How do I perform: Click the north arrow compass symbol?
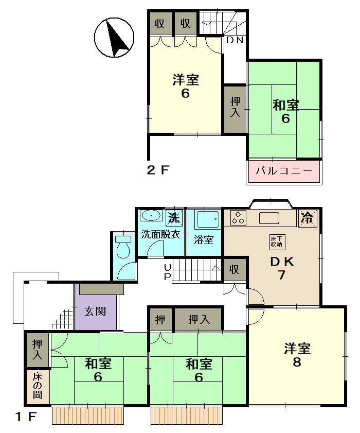point(114,37)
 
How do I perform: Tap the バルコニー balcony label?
point(284,170)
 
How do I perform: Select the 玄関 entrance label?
point(95,311)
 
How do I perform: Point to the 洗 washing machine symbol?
point(175,217)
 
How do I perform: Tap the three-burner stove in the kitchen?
point(238,218)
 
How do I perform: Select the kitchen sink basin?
point(269,218)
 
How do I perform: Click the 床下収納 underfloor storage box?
point(276,242)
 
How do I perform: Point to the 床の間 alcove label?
point(37,386)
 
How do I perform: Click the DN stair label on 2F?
point(235,40)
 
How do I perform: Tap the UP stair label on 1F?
point(168,272)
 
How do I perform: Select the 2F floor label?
point(157,170)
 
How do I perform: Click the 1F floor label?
point(26,416)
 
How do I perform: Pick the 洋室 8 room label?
point(297,355)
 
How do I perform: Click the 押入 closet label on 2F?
point(235,107)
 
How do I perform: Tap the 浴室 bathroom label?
point(204,239)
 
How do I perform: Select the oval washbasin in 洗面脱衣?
point(150,215)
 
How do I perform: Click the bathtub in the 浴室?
point(207,219)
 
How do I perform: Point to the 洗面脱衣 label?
point(160,234)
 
